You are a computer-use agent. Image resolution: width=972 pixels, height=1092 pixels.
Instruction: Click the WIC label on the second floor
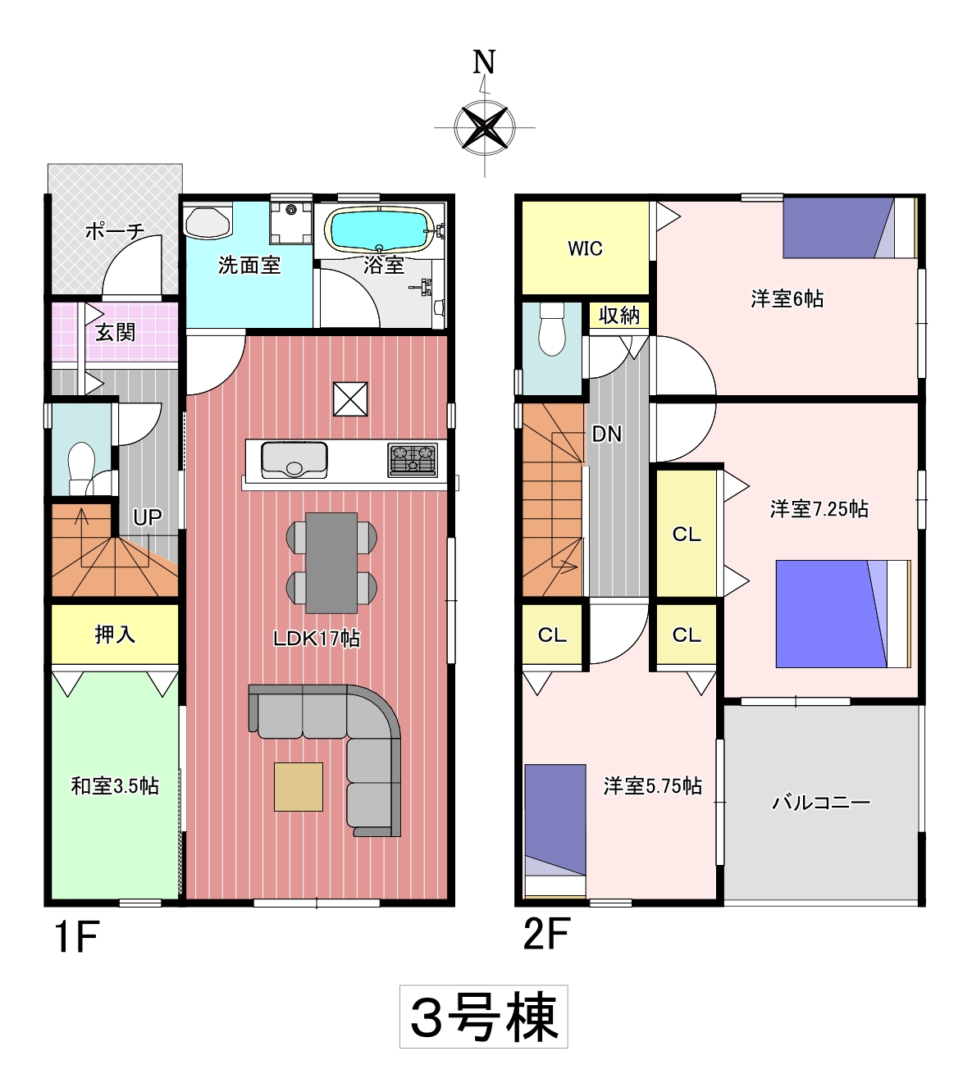pos(585,248)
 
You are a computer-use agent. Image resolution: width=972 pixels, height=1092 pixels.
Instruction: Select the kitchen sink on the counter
pos(294,460)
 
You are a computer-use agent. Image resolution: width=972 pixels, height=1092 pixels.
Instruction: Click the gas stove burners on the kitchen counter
pos(413,460)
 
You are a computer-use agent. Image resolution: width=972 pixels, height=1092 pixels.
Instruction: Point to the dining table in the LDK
pos(331,562)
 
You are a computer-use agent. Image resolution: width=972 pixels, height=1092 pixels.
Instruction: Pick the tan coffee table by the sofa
pos(299,786)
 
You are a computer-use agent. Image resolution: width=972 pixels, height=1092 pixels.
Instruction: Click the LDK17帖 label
pos(317,639)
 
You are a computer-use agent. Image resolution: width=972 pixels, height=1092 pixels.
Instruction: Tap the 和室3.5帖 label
pos(115,786)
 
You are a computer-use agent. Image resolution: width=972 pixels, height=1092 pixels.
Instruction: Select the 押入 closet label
pos(115,635)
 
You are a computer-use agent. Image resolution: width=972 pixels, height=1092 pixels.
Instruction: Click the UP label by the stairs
pos(148,517)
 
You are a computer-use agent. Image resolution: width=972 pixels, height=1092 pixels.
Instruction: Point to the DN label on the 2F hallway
pos(607,434)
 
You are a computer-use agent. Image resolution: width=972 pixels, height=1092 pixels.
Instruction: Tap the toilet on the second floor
pos(552,329)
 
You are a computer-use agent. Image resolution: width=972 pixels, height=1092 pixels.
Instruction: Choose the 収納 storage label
pos(618,316)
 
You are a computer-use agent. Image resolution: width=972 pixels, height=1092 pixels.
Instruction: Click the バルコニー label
pos(821,803)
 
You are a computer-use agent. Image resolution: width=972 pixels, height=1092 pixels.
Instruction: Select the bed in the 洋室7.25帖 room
pos(843,614)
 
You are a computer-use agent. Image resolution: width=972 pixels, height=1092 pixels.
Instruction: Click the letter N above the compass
pos(484,62)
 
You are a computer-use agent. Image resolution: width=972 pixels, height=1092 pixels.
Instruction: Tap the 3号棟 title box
pos(483,1017)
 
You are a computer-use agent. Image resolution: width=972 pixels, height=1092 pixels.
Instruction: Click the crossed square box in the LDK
pos(350,399)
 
